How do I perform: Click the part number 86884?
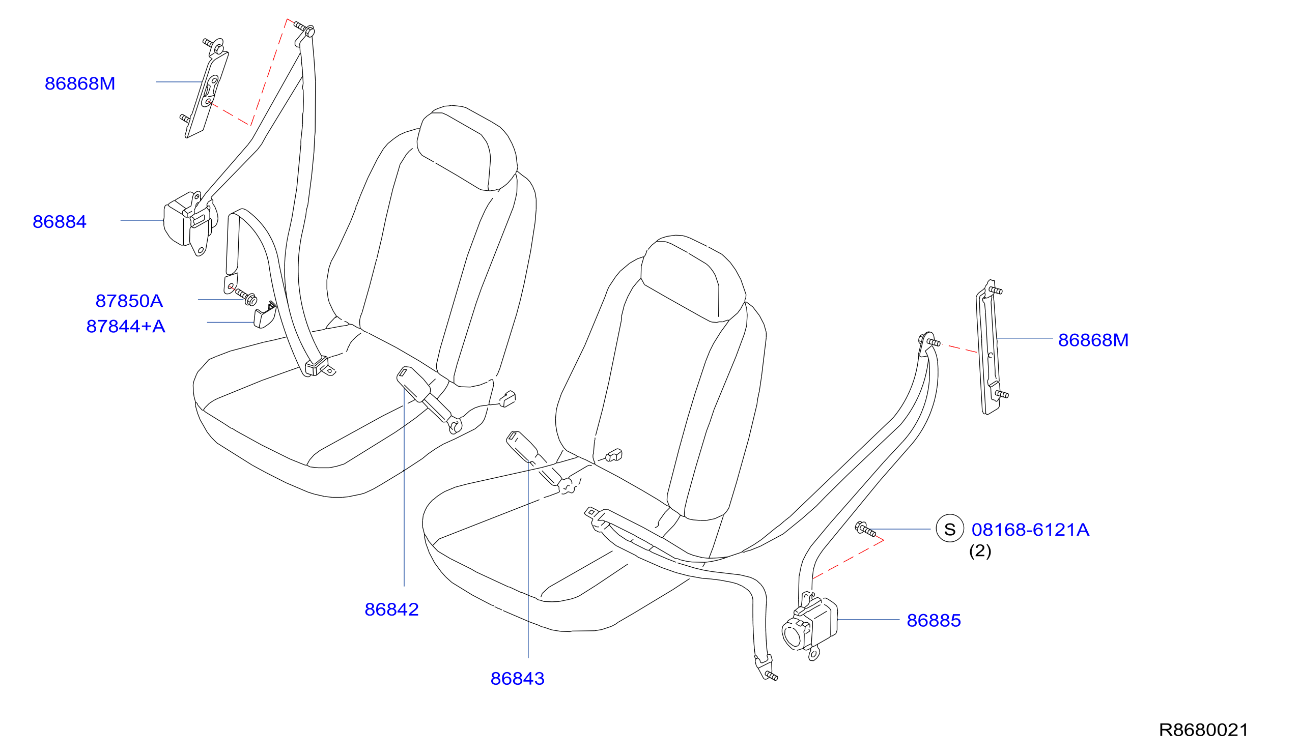(x=59, y=222)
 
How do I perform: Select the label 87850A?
(x=129, y=302)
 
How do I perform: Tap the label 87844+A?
(x=126, y=327)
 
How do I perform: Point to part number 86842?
(x=391, y=609)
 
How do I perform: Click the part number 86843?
(x=517, y=679)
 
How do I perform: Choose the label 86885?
(x=934, y=621)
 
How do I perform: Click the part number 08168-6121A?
(x=1030, y=530)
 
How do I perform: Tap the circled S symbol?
(x=949, y=529)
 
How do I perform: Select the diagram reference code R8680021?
(x=1203, y=730)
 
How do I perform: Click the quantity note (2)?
(x=980, y=551)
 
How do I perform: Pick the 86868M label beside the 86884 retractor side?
(x=80, y=83)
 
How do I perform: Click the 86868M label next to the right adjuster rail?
(x=1093, y=340)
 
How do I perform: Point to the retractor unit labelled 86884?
(x=189, y=223)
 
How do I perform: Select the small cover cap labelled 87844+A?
(x=265, y=315)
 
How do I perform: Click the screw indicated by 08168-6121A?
(x=865, y=529)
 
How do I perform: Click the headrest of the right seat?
(x=693, y=279)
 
